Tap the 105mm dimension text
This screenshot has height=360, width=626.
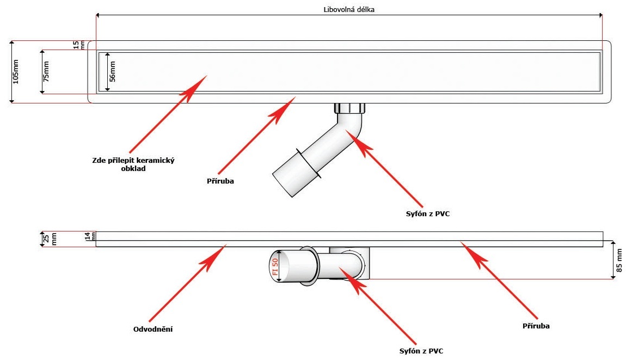(15, 71)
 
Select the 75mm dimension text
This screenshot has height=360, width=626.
(46, 71)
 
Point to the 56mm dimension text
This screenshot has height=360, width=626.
(113, 71)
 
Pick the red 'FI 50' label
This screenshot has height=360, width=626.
(275, 266)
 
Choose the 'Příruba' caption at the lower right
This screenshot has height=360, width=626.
(536, 326)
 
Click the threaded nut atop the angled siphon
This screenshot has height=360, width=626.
(349, 108)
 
